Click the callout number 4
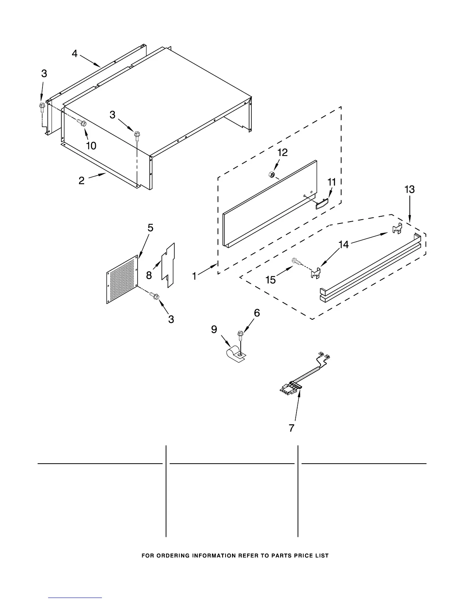(x=75, y=54)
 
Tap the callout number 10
(x=91, y=145)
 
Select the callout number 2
(x=82, y=181)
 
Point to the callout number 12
(x=282, y=153)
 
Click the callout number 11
(x=331, y=182)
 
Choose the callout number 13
(x=409, y=189)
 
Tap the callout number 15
(x=271, y=280)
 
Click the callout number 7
(x=291, y=428)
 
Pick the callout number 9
(x=214, y=329)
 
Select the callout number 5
(x=150, y=228)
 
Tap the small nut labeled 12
(x=271, y=175)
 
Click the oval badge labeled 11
(x=320, y=205)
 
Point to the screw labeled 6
(x=240, y=334)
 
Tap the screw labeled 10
(x=82, y=122)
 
